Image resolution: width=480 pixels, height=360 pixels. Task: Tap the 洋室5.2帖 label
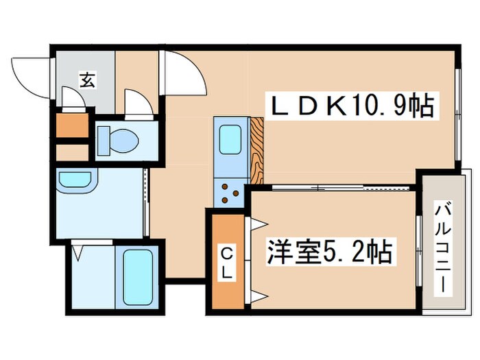(x=329, y=252)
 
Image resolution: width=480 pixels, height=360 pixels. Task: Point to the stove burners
(x=229, y=194)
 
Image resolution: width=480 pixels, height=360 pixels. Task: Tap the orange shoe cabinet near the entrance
(x=71, y=125)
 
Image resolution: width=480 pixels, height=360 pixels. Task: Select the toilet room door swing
(x=139, y=104)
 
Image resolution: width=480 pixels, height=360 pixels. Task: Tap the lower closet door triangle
(x=257, y=296)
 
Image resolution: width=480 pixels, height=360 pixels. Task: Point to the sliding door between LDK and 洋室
(x=336, y=187)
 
